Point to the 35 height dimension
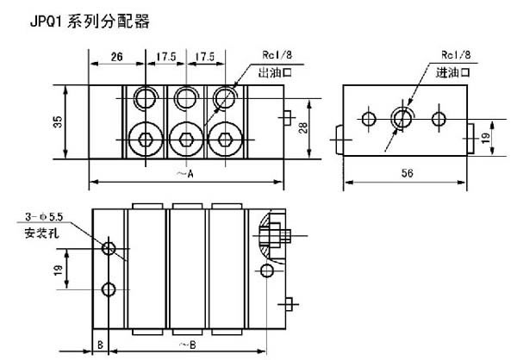[x=58, y=122]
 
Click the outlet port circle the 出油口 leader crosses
[x=226, y=95]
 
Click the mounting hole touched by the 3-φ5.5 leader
[x=109, y=249]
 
